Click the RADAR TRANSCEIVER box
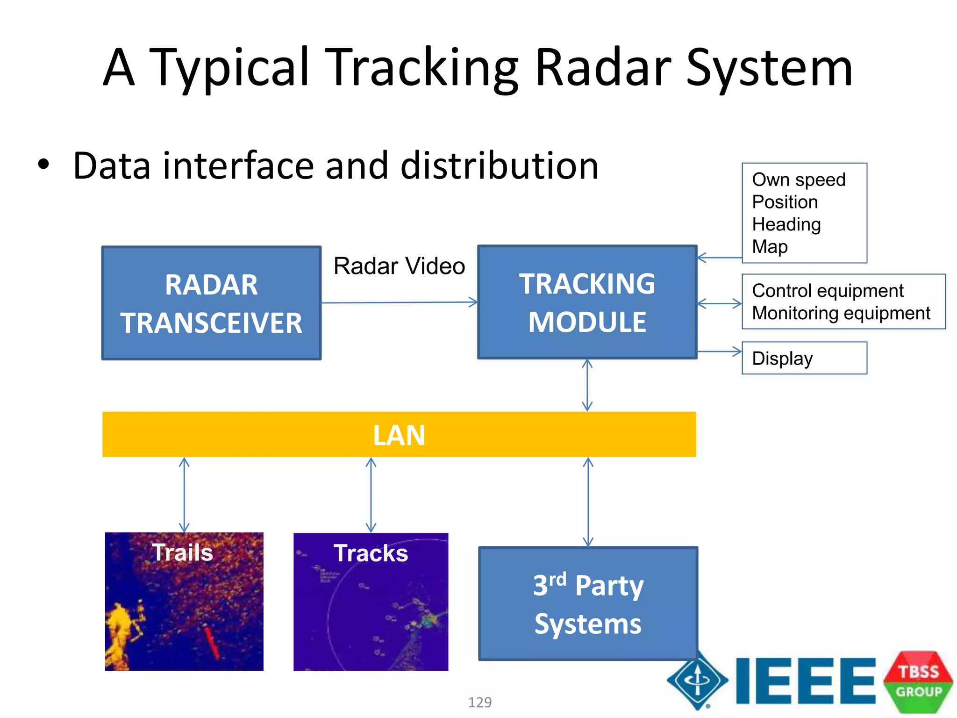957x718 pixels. (x=211, y=303)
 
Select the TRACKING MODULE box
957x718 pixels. (x=587, y=302)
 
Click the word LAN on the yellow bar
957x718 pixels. (x=399, y=435)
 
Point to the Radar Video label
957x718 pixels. (x=399, y=266)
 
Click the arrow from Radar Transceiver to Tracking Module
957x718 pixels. (x=399, y=302)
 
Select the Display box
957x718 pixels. (x=804, y=358)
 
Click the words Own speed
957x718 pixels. (x=799, y=179)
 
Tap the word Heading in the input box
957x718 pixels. (x=786, y=224)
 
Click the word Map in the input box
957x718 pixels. (x=770, y=246)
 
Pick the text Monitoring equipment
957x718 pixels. (x=841, y=313)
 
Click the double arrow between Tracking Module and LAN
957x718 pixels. (x=587, y=385)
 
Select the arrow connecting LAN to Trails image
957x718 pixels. (x=184, y=495)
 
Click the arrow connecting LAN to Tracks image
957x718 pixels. (x=371, y=495)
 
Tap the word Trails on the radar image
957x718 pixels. (x=182, y=552)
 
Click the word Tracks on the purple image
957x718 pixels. (x=371, y=553)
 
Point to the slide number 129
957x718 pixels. (x=480, y=702)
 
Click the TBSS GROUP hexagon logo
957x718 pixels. (x=918, y=682)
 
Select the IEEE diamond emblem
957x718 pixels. (x=697, y=681)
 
